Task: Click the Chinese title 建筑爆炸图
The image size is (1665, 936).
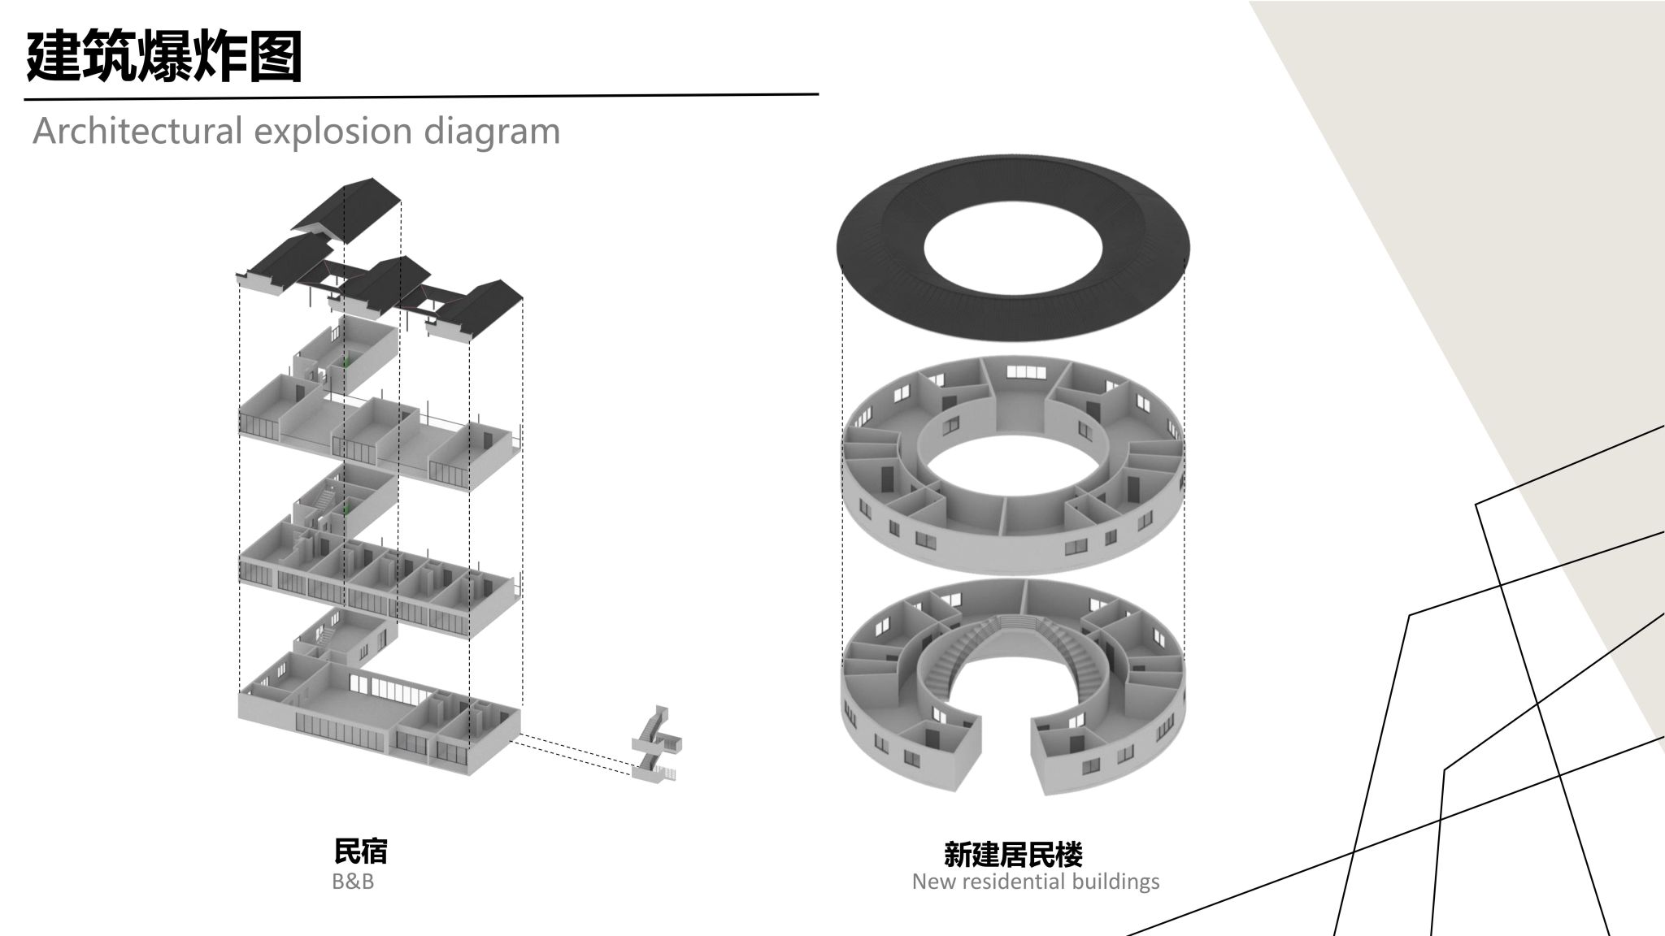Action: click(164, 57)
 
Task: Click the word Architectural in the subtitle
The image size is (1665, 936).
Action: click(137, 131)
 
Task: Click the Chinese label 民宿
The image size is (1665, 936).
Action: click(360, 851)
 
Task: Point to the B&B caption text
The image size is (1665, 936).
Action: click(353, 882)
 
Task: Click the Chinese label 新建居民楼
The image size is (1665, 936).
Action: click(1013, 855)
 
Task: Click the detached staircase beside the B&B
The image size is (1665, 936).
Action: click(656, 745)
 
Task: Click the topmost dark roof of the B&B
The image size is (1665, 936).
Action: click(346, 210)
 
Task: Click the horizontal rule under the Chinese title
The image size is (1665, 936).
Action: click(421, 97)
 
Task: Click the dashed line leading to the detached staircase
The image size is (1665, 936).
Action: click(574, 754)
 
